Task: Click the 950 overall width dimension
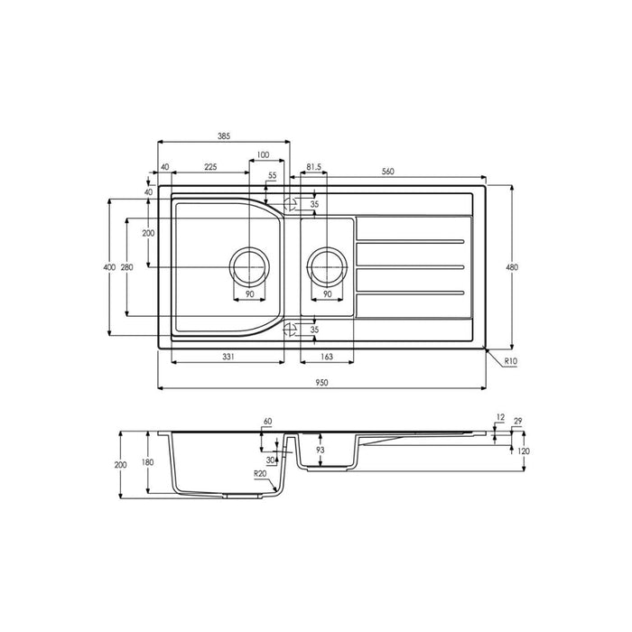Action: (x=321, y=382)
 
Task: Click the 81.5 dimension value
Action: (x=315, y=168)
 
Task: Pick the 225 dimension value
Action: (x=209, y=167)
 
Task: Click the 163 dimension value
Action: (x=326, y=358)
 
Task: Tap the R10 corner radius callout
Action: (x=511, y=361)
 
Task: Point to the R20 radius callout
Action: (x=261, y=474)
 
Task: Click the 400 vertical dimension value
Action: (x=109, y=267)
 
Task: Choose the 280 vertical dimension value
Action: (x=126, y=267)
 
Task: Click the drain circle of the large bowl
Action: (x=249, y=267)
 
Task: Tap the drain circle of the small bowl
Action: (x=326, y=267)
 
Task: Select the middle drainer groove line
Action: (x=412, y=267)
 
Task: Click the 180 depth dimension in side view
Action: (x=147, y=463)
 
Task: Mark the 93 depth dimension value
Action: (x=320, y=450)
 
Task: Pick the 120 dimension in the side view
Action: (x=523, y=451)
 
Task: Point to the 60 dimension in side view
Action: (x=267, y=422)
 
